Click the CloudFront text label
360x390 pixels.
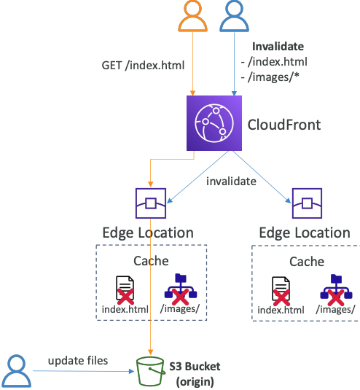[x=283, y=125]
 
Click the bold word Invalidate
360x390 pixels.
[x=278, y=46]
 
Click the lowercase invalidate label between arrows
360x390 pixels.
[x=231, y=181]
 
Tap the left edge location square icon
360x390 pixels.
[x=150, y=204]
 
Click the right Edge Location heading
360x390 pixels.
[x=304, y=233]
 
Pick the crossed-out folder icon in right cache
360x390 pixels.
[x=335, y=289]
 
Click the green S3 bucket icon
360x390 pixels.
[x=149, y=370]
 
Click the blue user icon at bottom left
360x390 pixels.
[x=15, y=370]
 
